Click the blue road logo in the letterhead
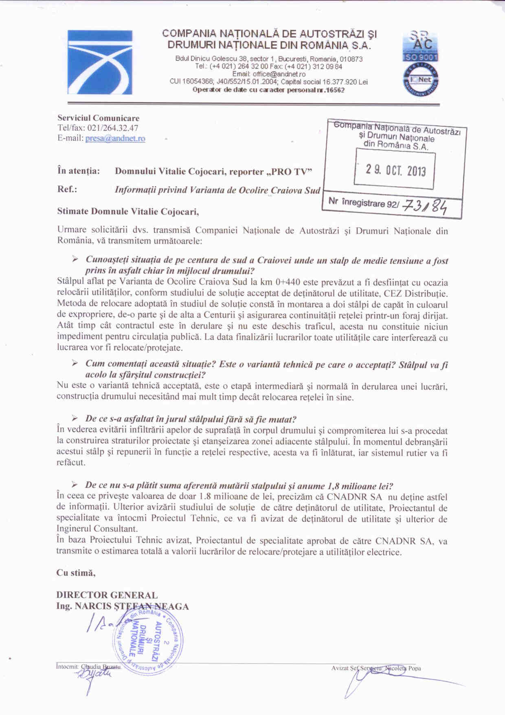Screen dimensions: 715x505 click(x=100, y=62)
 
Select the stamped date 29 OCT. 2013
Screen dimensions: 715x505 click(x=395, y=169)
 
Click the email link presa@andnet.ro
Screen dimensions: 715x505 click(x=115, y=138)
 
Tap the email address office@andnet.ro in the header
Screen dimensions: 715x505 click(x=279, y=74)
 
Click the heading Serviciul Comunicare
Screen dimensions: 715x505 click(x=98, y=118)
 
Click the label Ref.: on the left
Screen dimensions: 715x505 click(x=67, y=190)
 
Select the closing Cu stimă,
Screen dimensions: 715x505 click(x=76, y=573)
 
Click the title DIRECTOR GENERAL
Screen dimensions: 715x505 click(x=107, y=595)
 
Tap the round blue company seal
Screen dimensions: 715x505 click(x=147, y=640)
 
